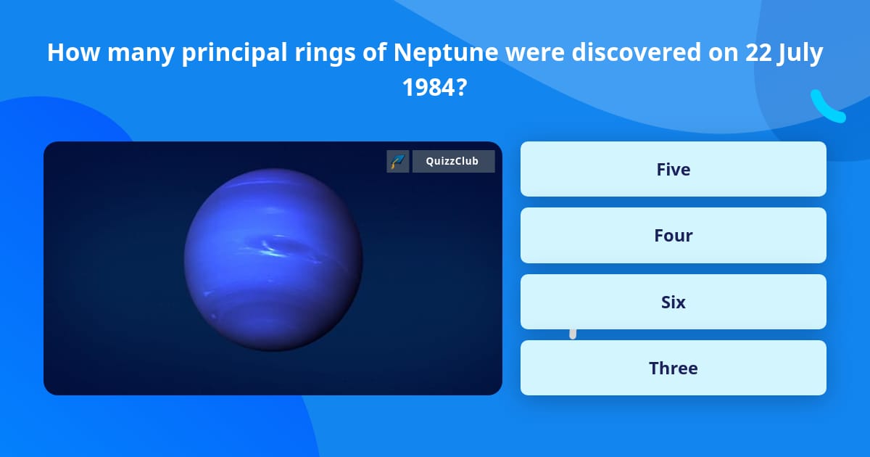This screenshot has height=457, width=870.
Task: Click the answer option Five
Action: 673,169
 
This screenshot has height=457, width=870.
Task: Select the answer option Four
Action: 673,235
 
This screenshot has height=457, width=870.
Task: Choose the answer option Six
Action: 673,302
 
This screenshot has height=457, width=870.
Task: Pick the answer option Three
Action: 673,368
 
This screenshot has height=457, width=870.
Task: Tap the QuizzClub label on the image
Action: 453,161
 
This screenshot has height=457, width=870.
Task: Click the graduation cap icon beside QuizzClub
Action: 397,161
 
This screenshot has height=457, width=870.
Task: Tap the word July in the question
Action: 801,53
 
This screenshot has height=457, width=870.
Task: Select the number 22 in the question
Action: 761,53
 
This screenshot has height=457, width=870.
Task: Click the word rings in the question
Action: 322,53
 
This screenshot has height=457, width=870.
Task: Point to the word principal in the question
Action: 228,53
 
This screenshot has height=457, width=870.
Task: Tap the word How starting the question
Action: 67,53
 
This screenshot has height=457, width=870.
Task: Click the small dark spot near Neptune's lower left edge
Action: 212,316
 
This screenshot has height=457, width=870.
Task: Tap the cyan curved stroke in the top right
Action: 827,107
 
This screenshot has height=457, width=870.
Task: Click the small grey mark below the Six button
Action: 573,334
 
